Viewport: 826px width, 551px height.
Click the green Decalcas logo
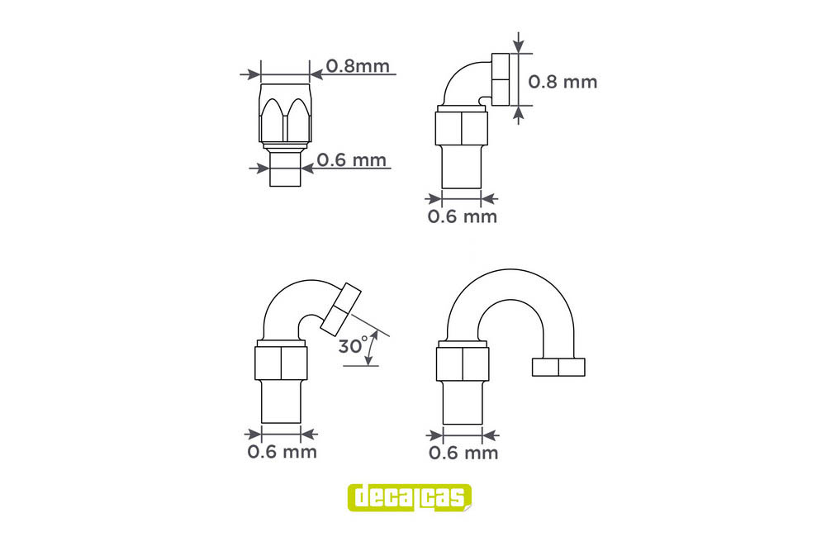[x=410, y=498]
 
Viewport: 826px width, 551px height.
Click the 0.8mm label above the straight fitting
[x=358, y=66]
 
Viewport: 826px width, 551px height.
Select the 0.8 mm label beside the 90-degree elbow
[x=563, y=82]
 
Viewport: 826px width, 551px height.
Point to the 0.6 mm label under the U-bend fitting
[x=463, y=453]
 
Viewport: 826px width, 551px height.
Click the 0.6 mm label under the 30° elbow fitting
[x=282, y=451]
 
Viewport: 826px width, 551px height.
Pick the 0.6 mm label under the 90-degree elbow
[x=462, y=216]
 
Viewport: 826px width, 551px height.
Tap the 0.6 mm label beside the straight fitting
[x=351, y=159]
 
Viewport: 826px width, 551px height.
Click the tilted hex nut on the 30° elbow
[x=340, y=309]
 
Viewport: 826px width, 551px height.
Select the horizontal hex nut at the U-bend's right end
[x=558, y=367]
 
